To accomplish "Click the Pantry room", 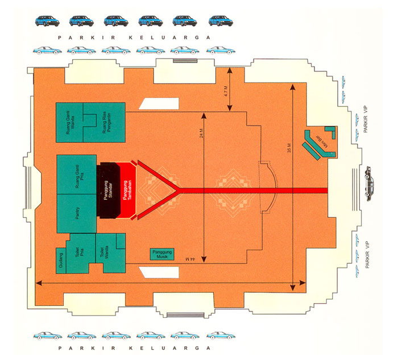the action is tap(77, 213).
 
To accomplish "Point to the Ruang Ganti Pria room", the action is tap(77, 173).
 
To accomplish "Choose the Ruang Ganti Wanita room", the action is tap(70, 122).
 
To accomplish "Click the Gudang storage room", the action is tap(62, 259).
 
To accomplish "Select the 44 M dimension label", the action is tap(190, 259).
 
